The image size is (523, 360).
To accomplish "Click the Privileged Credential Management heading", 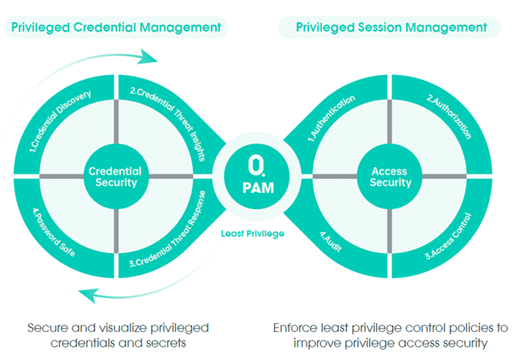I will (116, 27).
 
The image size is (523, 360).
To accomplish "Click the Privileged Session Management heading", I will (390, 27).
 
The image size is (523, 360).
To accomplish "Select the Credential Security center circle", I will (115, 176).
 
